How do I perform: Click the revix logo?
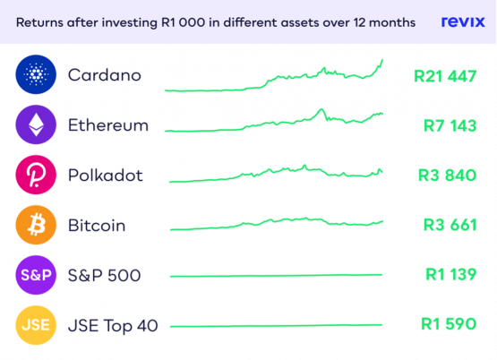pos(463,21)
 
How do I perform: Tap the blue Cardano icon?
pos(36,74)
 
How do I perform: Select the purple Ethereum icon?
pos(36,124)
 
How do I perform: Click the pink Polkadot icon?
pos(36,175)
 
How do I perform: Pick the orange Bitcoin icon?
pos(36,225)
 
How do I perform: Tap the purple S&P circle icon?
pos(36,275)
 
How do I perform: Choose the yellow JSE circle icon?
pos(36,325)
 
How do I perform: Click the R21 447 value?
pos(445,76)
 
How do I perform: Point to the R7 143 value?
pos(450,125)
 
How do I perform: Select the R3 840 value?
pos(447,176)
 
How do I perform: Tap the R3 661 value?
pos(450,225)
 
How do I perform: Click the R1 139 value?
pos(451,274)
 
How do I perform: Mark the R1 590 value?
pos(449,324)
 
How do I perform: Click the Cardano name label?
pos(105,75)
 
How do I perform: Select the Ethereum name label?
pos(108,125)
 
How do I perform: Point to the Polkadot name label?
pos(106,176)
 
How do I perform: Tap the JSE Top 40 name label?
pos(113,326)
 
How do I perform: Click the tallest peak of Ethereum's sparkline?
pos(321,109)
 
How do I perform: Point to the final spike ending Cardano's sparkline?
pos(382,60)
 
